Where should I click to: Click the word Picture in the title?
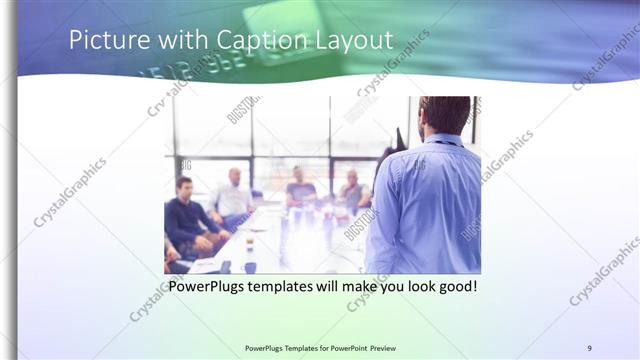pyautogui.click(x=105, y=41)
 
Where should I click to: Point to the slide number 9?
pyautogui.click(x=589, y=347)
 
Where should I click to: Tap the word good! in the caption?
pyautogui.click(x=454, y=287)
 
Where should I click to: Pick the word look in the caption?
pyautogui.click(x=410, y=287)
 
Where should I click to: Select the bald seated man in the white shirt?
pyautogui.click(x=233, y=195)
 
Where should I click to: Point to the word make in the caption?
pyautogui.click(x=356, y=287)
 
